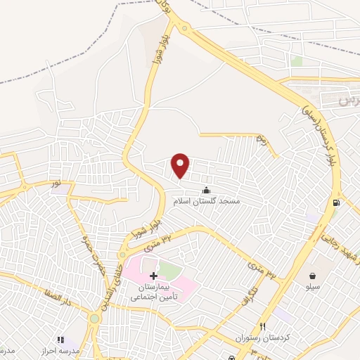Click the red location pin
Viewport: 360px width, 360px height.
coord(181,165)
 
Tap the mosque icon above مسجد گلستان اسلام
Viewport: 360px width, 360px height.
coord(206,189)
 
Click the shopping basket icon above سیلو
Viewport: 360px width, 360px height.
coord(312,275)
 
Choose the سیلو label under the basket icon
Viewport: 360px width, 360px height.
coord(312,287)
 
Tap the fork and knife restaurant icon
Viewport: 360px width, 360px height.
coord(263,326)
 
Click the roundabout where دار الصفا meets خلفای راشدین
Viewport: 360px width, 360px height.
coord(94,319)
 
